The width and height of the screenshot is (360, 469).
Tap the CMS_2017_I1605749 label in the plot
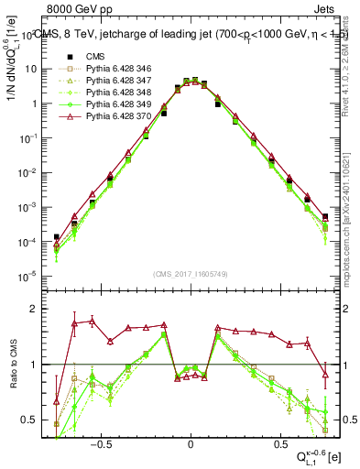tap(191, 274)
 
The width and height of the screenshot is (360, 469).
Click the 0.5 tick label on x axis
tap(279, 441)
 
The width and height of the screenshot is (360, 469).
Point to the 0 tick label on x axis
tap(191, 441)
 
